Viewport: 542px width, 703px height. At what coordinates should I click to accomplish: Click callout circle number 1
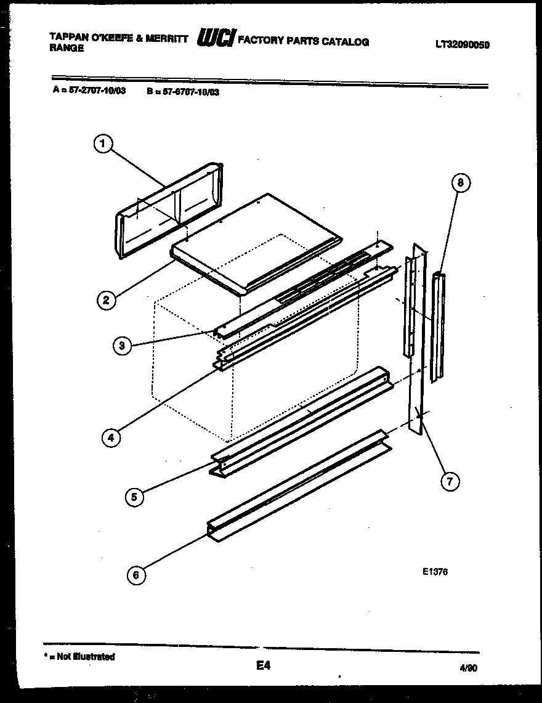tap(103, 144)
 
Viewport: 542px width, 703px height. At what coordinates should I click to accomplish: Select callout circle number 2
tap(106, 300)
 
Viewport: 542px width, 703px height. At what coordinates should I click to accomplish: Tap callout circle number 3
tap(123, 346)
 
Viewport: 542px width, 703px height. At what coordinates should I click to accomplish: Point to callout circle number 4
tap(110, 437)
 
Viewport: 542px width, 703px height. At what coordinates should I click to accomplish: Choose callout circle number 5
tap(134, 497)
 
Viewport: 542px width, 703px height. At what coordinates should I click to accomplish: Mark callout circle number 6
tap(136, 575)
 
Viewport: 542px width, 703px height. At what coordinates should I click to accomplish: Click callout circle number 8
tap(460, 182)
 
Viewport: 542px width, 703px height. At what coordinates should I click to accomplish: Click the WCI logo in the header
tap(215, 40)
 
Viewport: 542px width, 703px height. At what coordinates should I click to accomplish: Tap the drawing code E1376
tap(435, 572)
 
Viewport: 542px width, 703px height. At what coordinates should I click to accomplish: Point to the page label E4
tap(263, 665)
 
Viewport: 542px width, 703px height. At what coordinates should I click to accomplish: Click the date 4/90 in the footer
tap(469, 667)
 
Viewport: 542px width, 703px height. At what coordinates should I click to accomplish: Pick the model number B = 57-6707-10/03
tap(183, 92)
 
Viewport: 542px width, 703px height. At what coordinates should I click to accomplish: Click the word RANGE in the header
tap(67, 48)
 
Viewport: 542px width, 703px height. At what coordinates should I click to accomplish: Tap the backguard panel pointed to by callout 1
tap(169, 209)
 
